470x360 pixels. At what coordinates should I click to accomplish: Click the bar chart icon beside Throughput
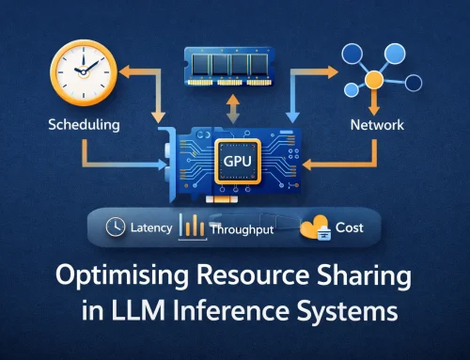(x=194, y=226)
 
